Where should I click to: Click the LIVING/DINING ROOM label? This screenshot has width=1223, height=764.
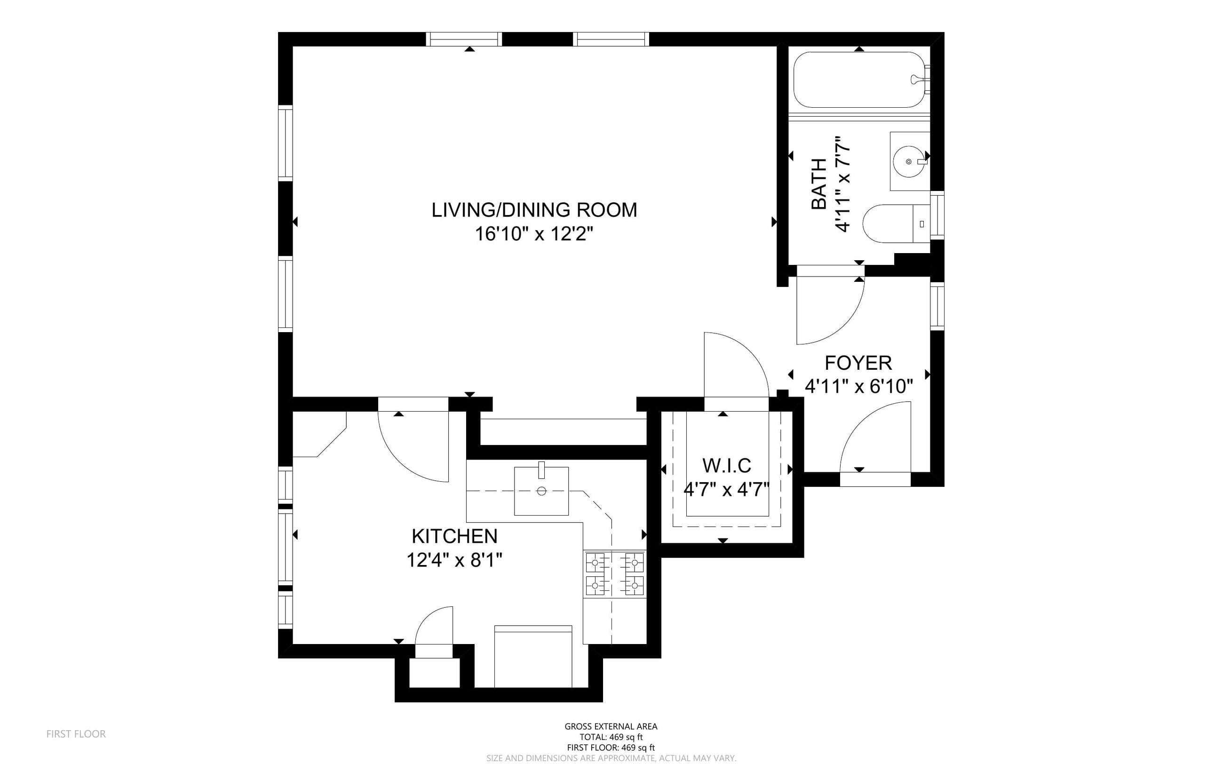point(534,210)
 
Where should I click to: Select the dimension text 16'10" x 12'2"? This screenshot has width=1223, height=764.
point(534,234)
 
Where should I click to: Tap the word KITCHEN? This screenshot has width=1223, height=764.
point(455,536)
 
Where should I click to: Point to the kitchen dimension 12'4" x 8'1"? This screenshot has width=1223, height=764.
point(455,560)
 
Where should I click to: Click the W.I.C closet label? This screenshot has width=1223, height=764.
point(726,465)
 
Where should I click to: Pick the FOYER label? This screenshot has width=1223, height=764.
point(858,363)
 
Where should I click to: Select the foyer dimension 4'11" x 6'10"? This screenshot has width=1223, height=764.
point(859,387)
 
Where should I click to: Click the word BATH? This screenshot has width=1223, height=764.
point(819,184)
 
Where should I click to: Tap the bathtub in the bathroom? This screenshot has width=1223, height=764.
point(859,80)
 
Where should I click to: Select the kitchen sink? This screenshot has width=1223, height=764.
point(541,491)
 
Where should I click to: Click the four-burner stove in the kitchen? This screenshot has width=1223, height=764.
point(615,574)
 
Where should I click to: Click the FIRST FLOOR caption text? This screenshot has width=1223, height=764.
point(76,734)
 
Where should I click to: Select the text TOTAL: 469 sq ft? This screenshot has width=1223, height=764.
point(611,737)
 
